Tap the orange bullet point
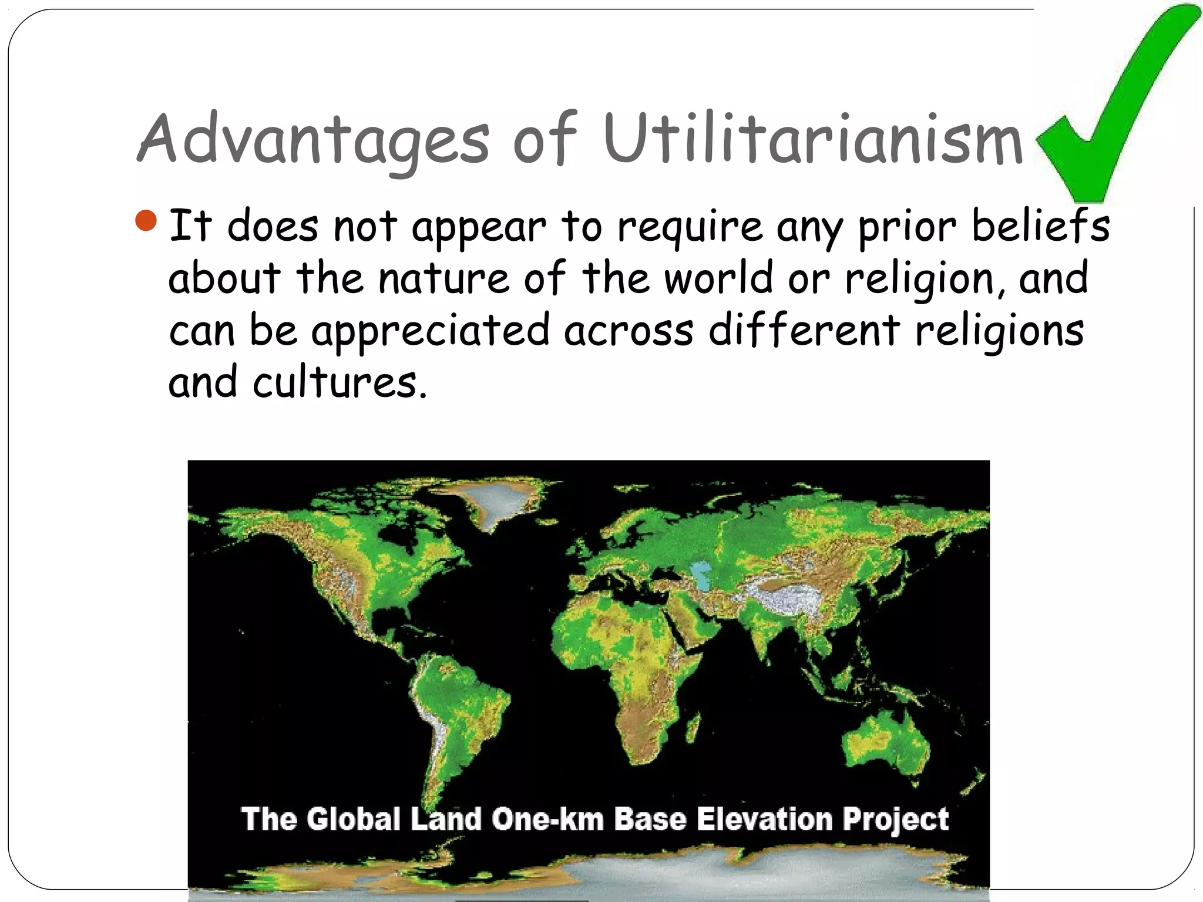(x=146, y=221)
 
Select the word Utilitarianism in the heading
(x=813, y=140)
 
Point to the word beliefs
(x=1040, y=225)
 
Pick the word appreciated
(x=431, y=330)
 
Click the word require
(x=690, y=227)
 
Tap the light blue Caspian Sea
(x=700, y=574)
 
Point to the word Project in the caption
(x=895, y=820)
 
